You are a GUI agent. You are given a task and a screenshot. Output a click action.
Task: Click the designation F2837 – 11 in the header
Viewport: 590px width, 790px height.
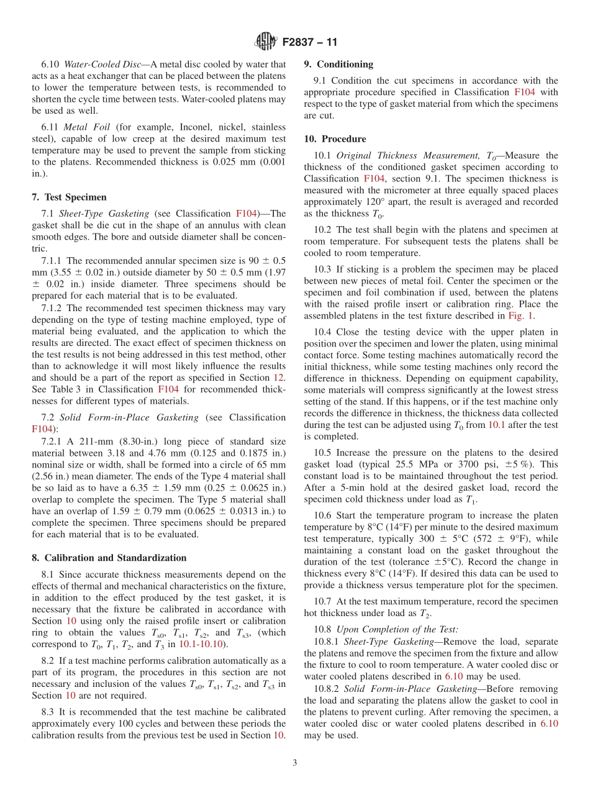tap(309, 43)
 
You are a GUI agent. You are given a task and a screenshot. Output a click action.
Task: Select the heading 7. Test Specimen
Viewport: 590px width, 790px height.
tap(69, 197)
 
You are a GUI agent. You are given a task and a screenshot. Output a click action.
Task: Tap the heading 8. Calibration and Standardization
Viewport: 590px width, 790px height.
tap(109, 558)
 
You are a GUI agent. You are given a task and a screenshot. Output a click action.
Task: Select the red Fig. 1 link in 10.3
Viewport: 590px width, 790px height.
tap(520, 316)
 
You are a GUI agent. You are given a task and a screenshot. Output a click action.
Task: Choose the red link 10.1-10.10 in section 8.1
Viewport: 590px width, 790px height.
tap(202, 644)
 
